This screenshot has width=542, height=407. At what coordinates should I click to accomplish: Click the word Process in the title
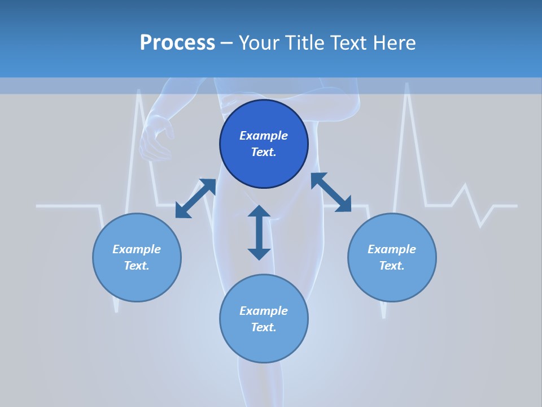177,43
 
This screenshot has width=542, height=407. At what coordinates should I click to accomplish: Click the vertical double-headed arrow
259,232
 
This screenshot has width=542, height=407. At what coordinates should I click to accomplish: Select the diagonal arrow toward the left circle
195,198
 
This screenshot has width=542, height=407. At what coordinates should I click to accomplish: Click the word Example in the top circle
264,136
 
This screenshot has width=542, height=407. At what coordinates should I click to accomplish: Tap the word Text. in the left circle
137,266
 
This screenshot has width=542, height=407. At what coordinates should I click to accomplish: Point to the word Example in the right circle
392,249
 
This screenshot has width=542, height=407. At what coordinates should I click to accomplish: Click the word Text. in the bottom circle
264,327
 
